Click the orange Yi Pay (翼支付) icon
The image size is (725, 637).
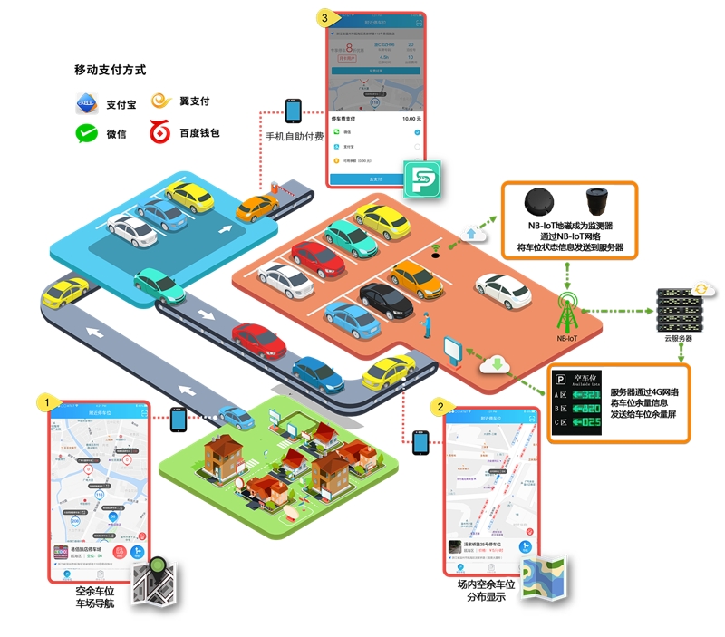(x=162, y=101)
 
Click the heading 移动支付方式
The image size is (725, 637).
(x=110, y=70)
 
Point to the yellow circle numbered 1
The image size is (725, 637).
(x=42, y=400)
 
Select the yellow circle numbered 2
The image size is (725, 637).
(x=440, y=406)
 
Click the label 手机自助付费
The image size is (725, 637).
(x=295, y=137)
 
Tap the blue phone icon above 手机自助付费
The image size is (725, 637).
(x=293, y=111)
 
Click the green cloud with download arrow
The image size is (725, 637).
(x=496, y=365)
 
